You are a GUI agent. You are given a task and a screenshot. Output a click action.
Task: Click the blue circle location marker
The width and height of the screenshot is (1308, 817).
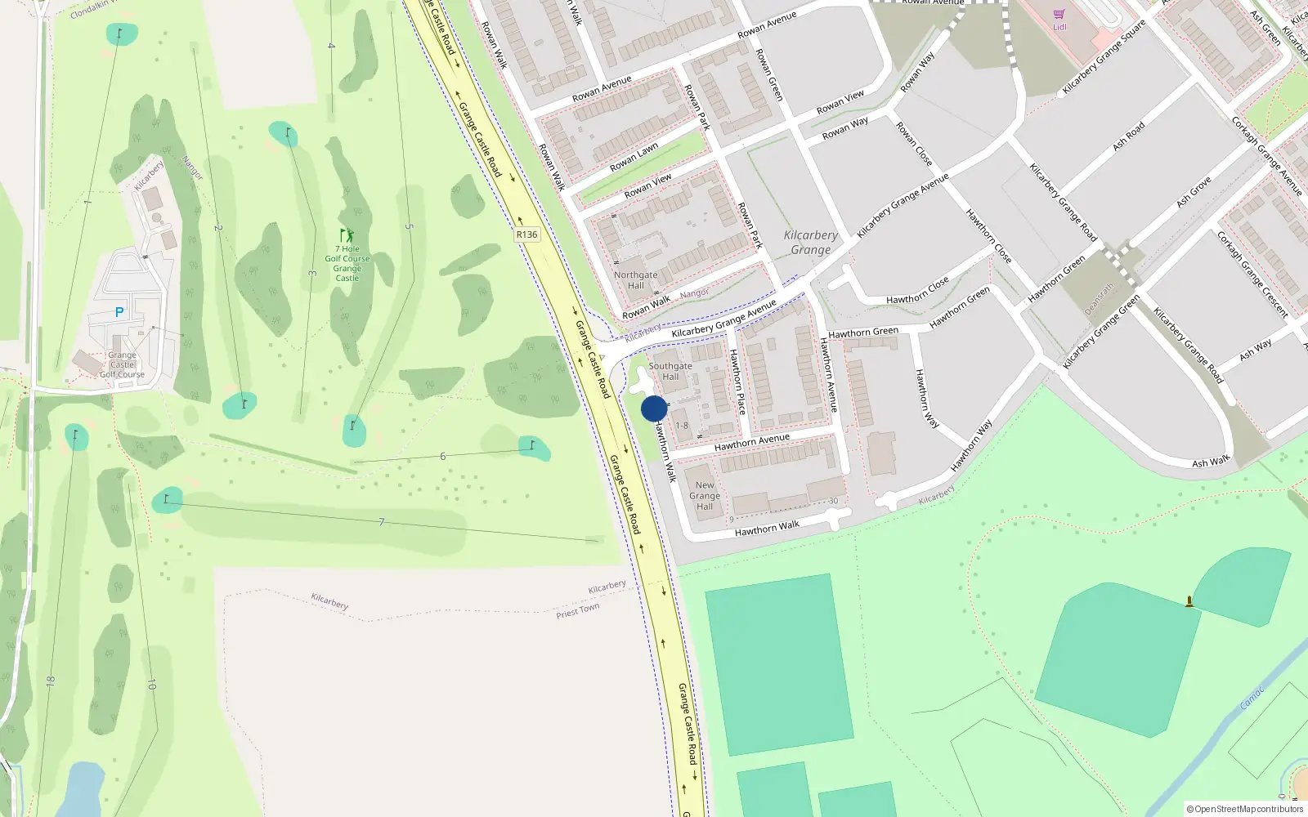(653, 408)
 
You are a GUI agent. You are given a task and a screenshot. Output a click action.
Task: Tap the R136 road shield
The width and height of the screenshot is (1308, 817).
(526, 234)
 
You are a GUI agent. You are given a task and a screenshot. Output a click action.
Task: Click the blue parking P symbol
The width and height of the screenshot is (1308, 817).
(119, 312)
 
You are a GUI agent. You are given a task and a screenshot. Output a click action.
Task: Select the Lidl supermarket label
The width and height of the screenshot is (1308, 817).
(1059, 26)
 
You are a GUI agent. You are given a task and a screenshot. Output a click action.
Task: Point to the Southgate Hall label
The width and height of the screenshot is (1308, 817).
(670, 372)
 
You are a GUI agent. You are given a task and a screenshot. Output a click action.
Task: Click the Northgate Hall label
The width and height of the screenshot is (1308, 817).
(635, 280)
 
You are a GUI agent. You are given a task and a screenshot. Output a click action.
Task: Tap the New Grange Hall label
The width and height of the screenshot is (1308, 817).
(705, 496)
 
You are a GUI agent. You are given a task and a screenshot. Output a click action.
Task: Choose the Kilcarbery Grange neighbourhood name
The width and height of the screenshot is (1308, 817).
(810, 243)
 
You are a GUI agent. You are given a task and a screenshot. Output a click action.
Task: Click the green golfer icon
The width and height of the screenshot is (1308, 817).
(347, 235)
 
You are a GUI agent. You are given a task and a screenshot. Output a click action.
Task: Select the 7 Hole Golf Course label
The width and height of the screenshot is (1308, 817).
(347, 263)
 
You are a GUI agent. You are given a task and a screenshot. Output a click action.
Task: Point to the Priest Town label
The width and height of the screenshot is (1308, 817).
(578, 610)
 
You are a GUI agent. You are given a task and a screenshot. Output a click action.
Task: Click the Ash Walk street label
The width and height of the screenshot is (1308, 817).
(1211, 462)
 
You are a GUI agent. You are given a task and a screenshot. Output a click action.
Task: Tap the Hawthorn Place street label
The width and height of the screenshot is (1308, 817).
(737, 382)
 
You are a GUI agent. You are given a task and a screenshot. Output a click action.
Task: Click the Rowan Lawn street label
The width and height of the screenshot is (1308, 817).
(634, 158)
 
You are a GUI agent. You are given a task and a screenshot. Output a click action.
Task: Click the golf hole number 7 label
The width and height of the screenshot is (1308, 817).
(381, 522)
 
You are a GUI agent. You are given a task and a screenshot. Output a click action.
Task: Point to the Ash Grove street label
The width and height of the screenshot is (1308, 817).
(1194, 192)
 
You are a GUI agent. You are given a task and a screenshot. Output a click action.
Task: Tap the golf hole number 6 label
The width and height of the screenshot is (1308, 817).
(443, 456)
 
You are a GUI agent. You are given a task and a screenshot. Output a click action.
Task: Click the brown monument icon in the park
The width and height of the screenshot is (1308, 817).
(1189, 602)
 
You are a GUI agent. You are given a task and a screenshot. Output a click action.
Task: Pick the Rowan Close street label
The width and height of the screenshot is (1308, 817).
(914, 145)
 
